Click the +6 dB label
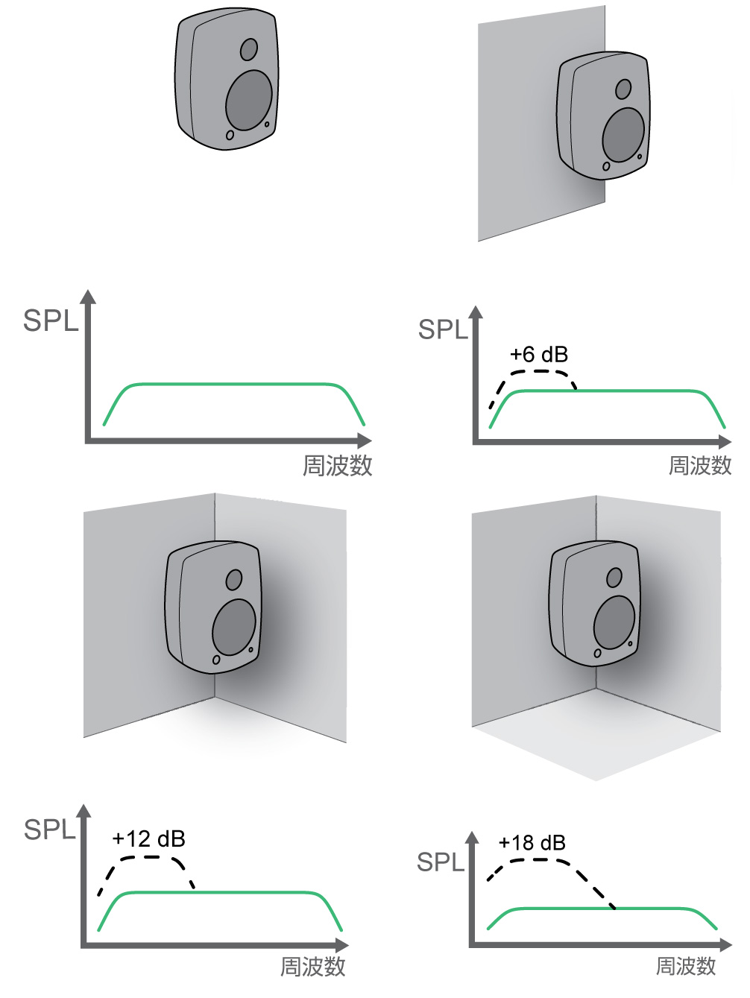[x=538, y=354]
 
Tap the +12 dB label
[x=148, y=838]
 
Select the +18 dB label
[x=532, y=842]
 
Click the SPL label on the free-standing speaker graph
[x=50, y=320]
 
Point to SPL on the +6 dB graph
[x=442, y=329]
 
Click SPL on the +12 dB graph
[x=49, y=830]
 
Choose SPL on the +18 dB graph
[x=440, y=862]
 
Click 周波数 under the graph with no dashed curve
[x=337, y=466]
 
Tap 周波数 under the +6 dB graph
[x=699, y=466]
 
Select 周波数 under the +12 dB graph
[x=312, y=967]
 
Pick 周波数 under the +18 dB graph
[x=685, y=966]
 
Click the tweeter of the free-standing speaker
[x=249, y=49]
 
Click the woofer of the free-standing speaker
[x=249, y=101]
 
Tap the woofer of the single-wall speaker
[x=623, y=135]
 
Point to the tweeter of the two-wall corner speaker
[x=234, y=580]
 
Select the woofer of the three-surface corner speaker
[x=614, y=622]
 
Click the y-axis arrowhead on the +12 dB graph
[x=83, y=811]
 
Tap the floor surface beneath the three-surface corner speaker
[x=596, y=738]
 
